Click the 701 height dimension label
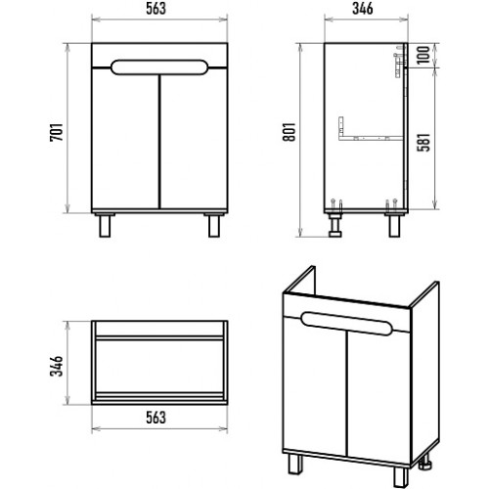(x=56, y=132)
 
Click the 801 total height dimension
(x=289, y=132)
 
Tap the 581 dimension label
(x=424, y=143)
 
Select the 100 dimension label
(x=423, y=55)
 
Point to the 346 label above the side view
(x=363, y=9)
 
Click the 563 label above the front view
(x=156, y=9)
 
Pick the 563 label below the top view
(x=156, y=418)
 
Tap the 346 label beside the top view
(x=56, y=366)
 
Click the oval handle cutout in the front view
(x=158, y=67)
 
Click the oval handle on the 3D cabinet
(x=346, y=324)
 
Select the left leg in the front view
(x=105, y=225)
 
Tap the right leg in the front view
(x=214, y=225)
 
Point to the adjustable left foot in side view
(x=334, y=225)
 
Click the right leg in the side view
(x=394, y=225)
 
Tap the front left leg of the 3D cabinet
(x=295, y=465)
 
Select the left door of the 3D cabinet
(x=315, y=384)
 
